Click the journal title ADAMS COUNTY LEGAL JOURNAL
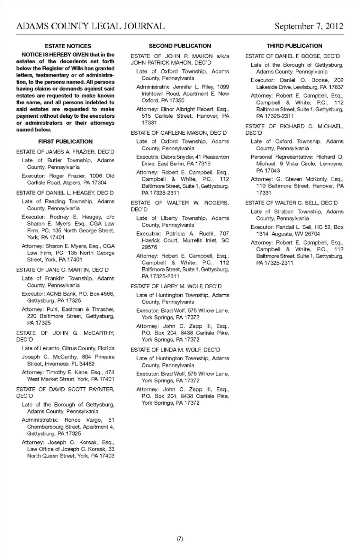point(90,26)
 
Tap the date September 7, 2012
point(309,26)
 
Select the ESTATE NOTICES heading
point(68,46)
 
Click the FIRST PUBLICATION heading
point(65,142)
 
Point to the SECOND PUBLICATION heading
point(180,46)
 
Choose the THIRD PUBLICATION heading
point(294,46)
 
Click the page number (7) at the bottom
point(180,539)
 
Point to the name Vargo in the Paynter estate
point(94,420)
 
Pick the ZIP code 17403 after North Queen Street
point(107,456)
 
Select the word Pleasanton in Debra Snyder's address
point(215,157)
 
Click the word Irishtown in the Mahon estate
point(153,94)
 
